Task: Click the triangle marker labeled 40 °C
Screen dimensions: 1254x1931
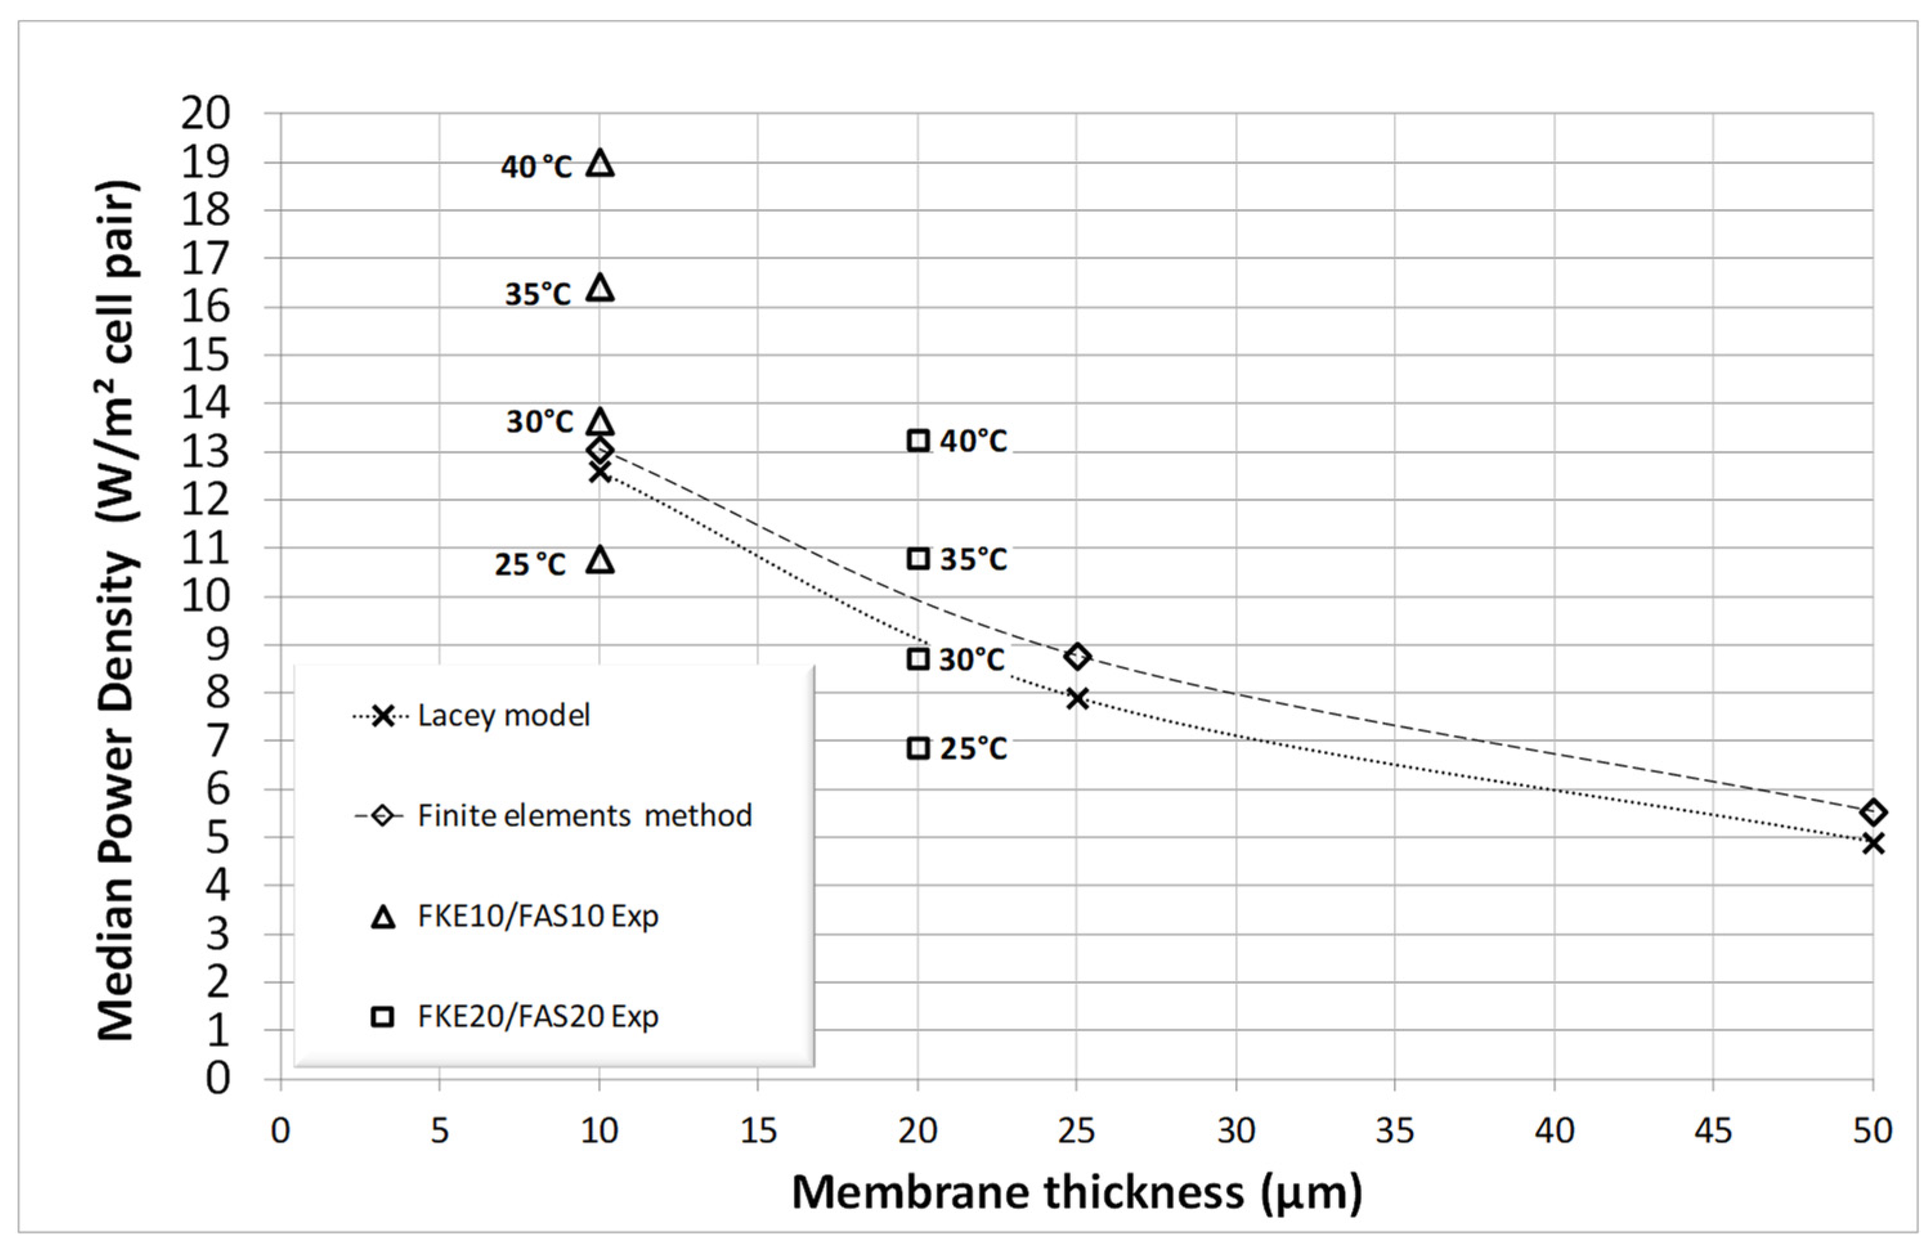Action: pyautogui.click(x=600, y=164)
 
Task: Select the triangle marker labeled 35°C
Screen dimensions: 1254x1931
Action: pyautogui.click(x=600, y=289)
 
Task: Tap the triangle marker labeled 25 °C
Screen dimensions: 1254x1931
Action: pyautogui.click(x=600, y=559)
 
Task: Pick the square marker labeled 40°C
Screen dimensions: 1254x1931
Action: pyautogui.click(x=918, y=441)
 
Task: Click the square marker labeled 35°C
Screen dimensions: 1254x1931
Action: pyautogui.click(x=918, y=559)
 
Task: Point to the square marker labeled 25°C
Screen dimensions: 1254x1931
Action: pyautogui.click(x=918, y=748)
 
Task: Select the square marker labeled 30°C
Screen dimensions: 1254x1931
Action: pyautogui.click(x=918, y=659)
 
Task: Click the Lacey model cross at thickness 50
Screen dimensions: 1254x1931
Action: pyautogui.click(x=1872, y=844)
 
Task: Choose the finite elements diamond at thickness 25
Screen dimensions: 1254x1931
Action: pyautogui.click(x=1076, y=656)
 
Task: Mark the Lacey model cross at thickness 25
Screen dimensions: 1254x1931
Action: pyautogui.click(x=1076, y=698)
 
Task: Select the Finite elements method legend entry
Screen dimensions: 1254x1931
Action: pyautogui.click(x=584, y=816)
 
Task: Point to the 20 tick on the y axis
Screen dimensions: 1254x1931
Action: pyautogui.click(x=205, y=114)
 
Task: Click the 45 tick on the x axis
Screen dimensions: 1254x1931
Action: pyautogui.click(x=1714, y=1130)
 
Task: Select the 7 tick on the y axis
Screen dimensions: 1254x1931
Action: pyautogui.click(x=217, y=741)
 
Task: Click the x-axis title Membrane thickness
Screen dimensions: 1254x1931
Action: pyautogui.click(x=1076, y=1193)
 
